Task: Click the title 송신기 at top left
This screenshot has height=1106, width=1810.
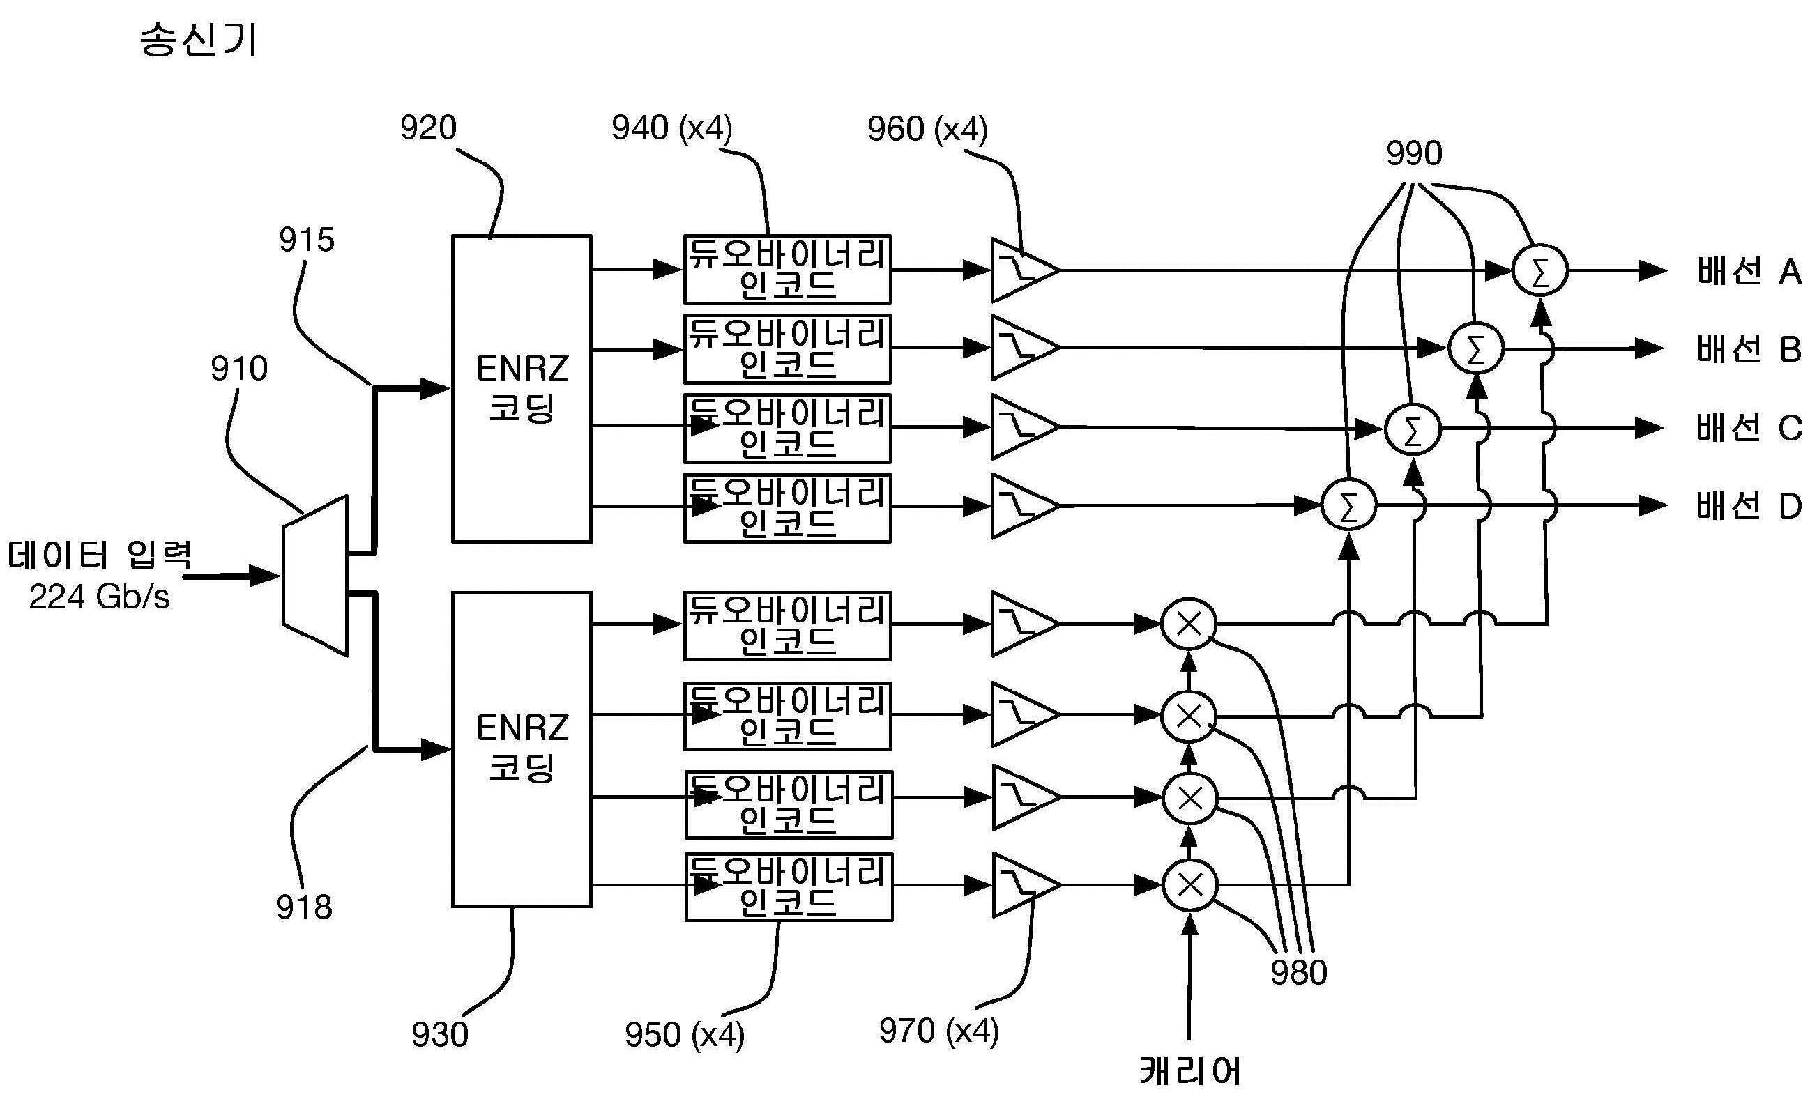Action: click(198, 40)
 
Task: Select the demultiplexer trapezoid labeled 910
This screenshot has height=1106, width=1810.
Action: click(315, 576)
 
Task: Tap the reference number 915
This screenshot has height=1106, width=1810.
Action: click(306, 240)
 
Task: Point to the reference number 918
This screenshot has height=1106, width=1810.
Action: click(304, 907)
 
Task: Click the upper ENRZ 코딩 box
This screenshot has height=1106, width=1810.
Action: click(522, 388)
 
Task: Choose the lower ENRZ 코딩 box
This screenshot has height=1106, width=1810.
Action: click(522, 749)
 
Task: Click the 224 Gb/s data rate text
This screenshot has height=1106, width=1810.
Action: click(99, 597)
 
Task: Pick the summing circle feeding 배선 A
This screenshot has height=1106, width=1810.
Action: click(1539, 271)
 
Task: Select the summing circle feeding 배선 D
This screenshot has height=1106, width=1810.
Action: click(1348, 505)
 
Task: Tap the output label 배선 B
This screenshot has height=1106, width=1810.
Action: click(1749, 349)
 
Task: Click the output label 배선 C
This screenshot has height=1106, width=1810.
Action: click(1749, 427)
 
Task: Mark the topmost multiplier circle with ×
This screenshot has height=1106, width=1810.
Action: click(1189, 624)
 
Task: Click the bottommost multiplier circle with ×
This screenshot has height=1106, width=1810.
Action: click(1190, 885)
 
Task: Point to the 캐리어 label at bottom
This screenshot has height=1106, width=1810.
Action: click(1190, 1070)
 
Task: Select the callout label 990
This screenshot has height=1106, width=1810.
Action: click(1414, 153)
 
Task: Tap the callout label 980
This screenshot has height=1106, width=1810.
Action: click(1299, 972)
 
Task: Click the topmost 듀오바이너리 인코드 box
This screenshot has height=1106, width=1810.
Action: click(786, 270)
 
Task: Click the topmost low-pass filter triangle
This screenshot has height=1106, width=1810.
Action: click(1021, 270)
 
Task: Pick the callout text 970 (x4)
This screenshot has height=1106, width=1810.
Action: click(938, 1031)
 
